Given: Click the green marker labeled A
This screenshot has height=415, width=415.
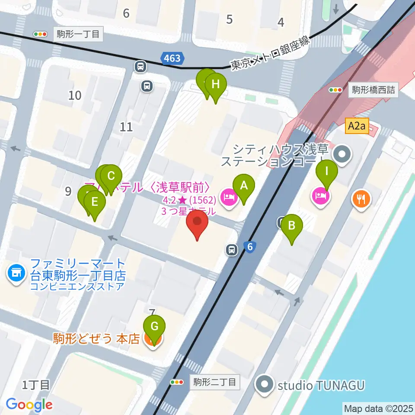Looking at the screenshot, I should pyautogui.click(x=244, y=186).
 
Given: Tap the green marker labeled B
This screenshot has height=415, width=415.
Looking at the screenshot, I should pyautogui.click(x=292, y=226).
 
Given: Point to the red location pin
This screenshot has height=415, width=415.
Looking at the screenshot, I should pyautogui.click(x=197, y=222).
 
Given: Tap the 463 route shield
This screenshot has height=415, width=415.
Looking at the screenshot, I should pyautogui.click(x=172, y=58).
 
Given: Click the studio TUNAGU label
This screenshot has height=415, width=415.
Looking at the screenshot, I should pyautogui.click(x=322, y=385).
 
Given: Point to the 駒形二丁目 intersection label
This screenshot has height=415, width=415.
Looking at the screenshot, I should pyautogui.click(x=215, y=382).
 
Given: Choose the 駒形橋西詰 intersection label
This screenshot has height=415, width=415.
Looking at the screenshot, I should pyautogui.click(x=373, y=90).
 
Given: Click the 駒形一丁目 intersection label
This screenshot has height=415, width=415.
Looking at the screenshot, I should pyautogui.click(x=78, y=34).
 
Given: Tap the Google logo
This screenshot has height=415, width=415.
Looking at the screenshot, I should pyautogui.click(x=29, y=405).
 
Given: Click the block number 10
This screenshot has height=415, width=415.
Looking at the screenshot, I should pyautogui.click(x=75, y=95).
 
